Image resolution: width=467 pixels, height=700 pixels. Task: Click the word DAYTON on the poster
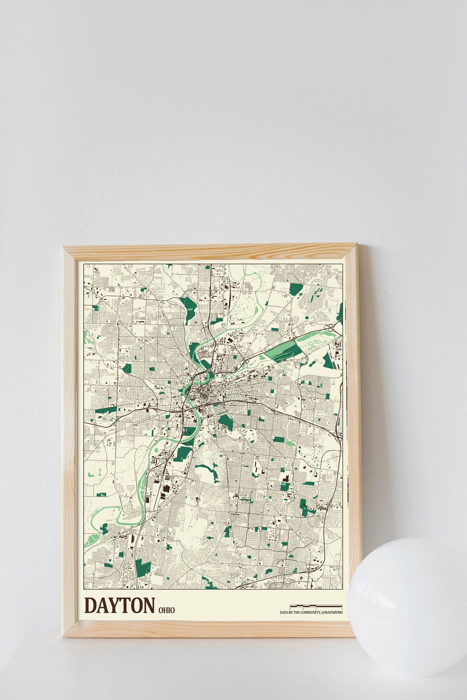tap(119, 605)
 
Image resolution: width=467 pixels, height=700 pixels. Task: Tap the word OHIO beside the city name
tap(166, 610)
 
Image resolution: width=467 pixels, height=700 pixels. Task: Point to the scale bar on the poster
tap(316, 605)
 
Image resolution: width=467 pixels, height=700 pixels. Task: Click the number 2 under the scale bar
tap(342, 608)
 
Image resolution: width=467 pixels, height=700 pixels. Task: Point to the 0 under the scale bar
tap(290, 608)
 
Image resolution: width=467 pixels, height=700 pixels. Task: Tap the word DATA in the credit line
tap(284, 612)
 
